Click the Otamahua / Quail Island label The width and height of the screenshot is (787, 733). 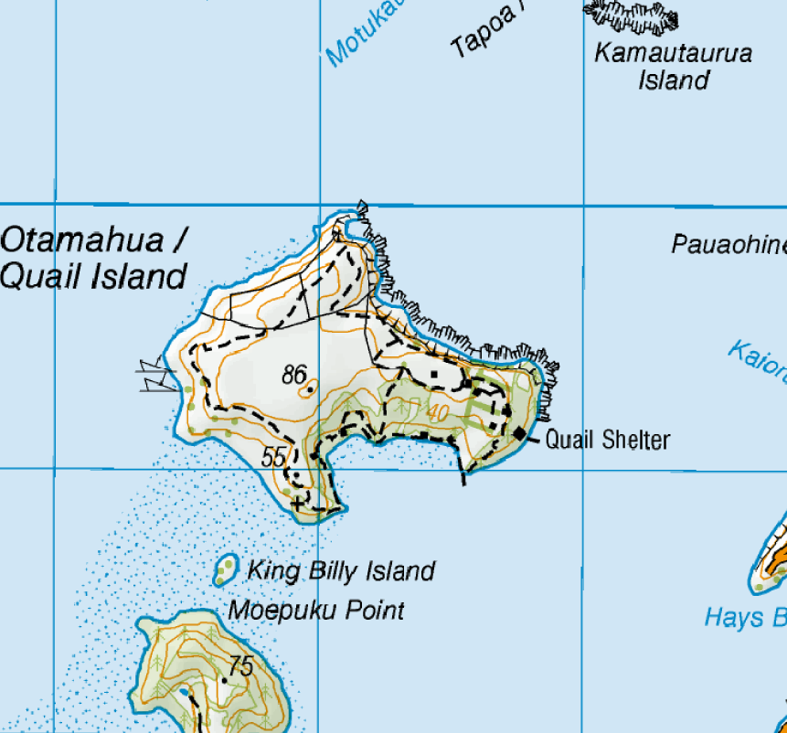tap(94, 259)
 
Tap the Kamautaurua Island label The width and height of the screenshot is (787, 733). tap(674, 66)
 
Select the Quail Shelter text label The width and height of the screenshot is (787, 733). tap(608, 441)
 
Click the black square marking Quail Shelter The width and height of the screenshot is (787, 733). tap(521, 432)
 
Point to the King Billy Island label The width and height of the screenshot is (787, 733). tap(341, 572)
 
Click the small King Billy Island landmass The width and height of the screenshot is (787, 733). tap(225, 569)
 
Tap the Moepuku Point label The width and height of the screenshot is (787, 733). tap(316, 610)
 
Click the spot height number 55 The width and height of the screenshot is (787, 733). tap(273, 457)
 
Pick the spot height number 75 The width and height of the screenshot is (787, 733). tap(239, 666)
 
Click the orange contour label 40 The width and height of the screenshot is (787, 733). tap(437, 412)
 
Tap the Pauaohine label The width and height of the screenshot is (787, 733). tap(728, 245)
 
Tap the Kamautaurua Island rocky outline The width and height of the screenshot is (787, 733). tap(632, 17)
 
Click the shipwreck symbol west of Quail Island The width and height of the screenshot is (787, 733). tap(155, 376)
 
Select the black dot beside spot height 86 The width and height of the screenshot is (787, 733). tap(311, 389)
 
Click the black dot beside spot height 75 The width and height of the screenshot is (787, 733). tap(224, 680)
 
